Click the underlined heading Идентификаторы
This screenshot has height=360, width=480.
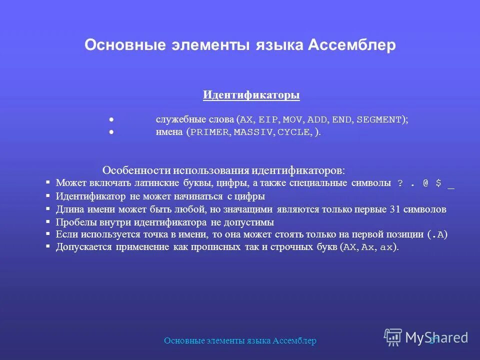[251, 95]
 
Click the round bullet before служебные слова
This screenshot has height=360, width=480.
[111, 119]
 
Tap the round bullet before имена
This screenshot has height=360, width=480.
[111, 132]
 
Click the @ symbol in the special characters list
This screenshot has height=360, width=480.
[425, 183]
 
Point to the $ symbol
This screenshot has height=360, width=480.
[438, 183]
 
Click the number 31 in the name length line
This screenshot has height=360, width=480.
[394, 209]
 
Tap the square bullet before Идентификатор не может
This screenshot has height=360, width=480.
[48, 196]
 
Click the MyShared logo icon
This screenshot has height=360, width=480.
[393, 337]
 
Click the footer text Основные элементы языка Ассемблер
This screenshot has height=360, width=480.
[240, 340]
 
